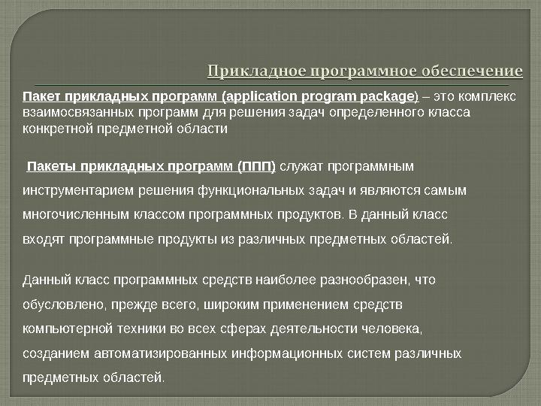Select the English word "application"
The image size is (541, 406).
(x=261, y=97)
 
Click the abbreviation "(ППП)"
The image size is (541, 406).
(x=256, y=165)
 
